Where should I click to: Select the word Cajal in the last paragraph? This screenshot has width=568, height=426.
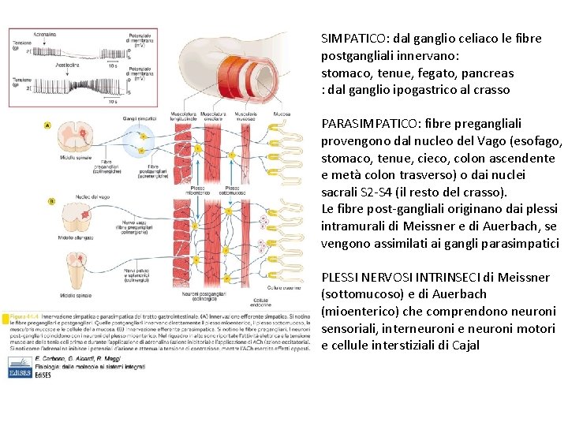pyautogui.click(x=462, y=346)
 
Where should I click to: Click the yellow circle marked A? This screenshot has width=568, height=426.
pyautogui.click(x=49, y=125)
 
